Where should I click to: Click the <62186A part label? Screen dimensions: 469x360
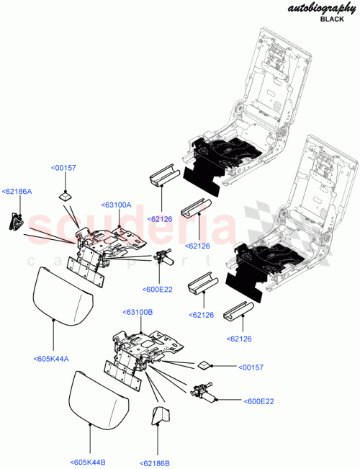17,191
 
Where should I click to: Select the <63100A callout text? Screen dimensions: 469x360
117,205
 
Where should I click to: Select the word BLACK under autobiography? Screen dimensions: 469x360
332,19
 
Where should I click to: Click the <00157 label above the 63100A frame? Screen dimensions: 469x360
63,168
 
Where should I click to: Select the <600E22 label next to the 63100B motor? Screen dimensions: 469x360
260,401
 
